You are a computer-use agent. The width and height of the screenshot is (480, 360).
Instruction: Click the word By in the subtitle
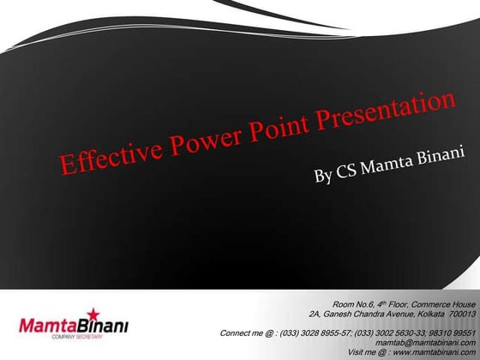tap(323, 177)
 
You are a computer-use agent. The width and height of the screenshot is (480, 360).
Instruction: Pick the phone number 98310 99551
tap(455, 333)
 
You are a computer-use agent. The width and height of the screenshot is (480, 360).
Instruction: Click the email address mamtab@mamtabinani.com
tap(426, 342)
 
